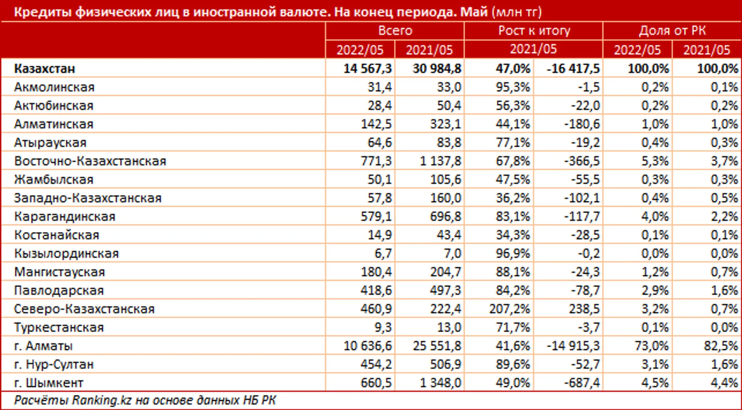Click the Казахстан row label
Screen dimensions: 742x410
click(45, 69)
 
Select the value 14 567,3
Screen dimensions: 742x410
click(368, 69)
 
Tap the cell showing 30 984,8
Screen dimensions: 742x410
click(437, 69)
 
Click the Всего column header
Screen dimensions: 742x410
click(395, 31)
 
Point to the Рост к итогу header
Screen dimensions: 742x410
click(534, 31)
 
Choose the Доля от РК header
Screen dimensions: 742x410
click(672, 31)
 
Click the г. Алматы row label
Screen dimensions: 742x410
click(43, 346)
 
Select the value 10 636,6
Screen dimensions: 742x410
click(368, 346)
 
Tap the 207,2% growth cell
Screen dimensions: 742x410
click(510, 309)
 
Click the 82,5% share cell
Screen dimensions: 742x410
click(721, 346)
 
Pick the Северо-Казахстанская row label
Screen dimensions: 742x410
click(84, 309)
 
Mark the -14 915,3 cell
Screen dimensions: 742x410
click(573, 346)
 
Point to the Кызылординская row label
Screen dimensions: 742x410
click(66, 253)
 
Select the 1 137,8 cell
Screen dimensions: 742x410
click(440, 161)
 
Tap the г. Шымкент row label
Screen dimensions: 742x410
click(48, 383)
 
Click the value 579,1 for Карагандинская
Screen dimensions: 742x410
click(376, 216)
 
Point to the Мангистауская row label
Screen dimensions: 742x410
click(59, 272)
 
